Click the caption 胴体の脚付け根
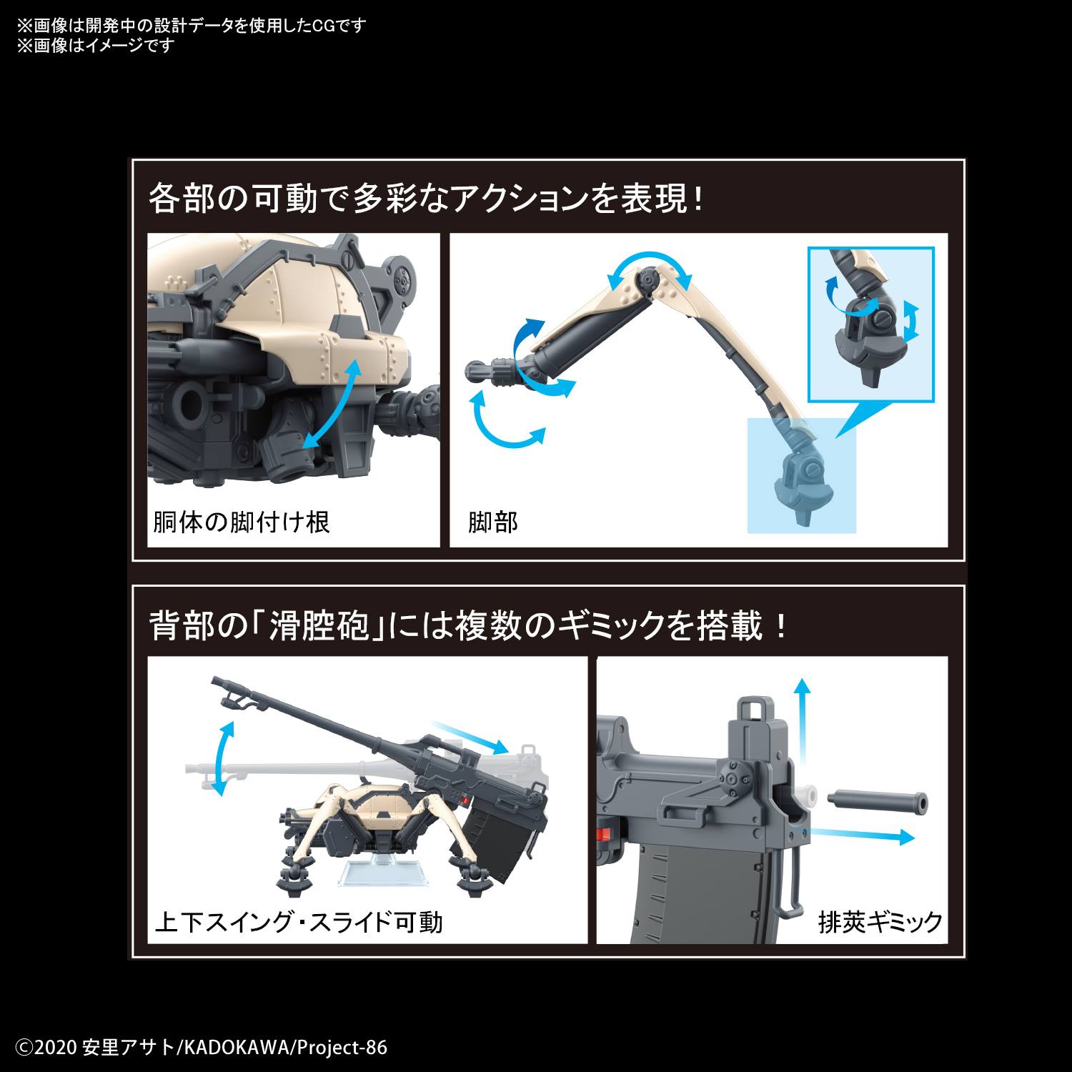coord(242,522)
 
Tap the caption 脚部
coord(493,522)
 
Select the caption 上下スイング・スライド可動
coord(299,922)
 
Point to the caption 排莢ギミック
coord(880,922)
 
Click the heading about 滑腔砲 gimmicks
coord(468,627)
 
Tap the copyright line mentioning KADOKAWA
coord(202,1048)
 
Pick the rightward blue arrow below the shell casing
coord(865,835)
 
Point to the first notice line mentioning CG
coord(192,26)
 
